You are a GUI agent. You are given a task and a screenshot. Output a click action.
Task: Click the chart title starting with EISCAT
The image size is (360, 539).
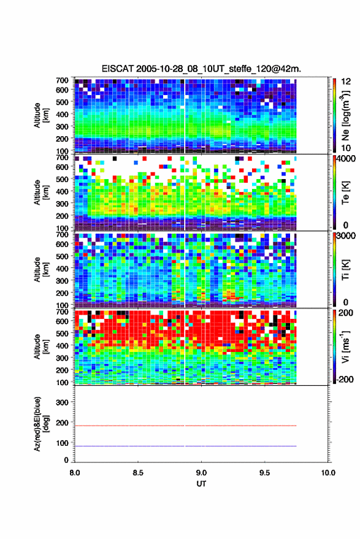click(x=201, y=69)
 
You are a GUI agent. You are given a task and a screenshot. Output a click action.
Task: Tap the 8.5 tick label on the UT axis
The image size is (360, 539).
click(x=138, y=473)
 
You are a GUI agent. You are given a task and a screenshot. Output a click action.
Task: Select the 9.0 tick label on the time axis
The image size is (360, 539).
click(x=201, y=473)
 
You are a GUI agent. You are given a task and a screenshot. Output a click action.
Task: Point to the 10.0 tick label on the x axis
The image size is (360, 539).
click(x=328, y=473)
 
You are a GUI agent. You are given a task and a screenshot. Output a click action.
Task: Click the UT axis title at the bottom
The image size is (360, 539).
click(x=201, y=484)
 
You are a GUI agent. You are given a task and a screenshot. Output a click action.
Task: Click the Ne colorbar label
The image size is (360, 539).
click(x=346, y=115)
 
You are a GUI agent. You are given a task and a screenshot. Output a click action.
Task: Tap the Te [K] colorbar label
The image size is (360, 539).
click(x=345, y=193)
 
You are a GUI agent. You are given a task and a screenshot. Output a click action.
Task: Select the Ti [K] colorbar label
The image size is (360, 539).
click(x=345, y=270)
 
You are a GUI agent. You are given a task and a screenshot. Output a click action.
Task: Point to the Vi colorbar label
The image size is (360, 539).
click(x=345, y=346)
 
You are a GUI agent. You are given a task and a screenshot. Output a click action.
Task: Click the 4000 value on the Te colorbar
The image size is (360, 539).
click(x=346, y=159)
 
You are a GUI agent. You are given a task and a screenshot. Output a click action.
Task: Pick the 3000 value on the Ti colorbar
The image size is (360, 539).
click(x=346, y=236)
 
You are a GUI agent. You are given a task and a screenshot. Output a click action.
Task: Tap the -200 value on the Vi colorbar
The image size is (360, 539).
click(x=345, y=379)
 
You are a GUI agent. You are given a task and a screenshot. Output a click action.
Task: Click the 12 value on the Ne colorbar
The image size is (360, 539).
click(x=346, y=82)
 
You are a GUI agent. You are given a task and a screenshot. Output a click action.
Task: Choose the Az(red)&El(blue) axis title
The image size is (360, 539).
click(x=41, y=424)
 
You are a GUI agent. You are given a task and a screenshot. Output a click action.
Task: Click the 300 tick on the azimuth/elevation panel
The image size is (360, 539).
click(x=62, y=402)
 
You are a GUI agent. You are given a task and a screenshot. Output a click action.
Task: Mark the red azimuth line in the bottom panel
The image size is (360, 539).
click(x=185, y=426)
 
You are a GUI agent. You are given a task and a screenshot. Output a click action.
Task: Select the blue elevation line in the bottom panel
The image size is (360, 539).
click(x=185, y=446)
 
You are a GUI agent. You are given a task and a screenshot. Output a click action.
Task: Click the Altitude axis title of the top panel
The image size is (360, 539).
click(x=41, y=115)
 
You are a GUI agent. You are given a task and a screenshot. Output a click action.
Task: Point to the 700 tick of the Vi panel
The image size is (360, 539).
click(x=62, y=312)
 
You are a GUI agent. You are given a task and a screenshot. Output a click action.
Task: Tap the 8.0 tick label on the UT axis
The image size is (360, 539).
click(x=75, y=473)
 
